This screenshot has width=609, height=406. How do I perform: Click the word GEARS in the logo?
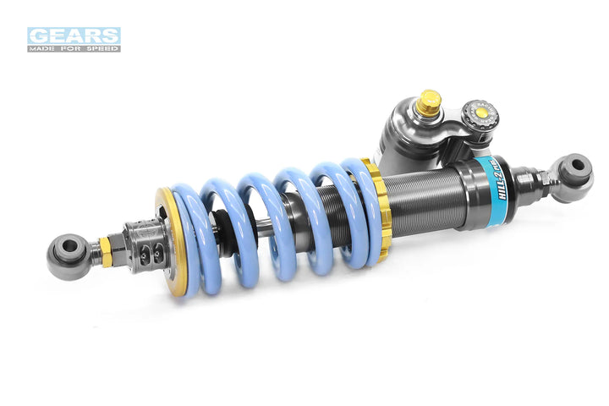[x=74, y=36]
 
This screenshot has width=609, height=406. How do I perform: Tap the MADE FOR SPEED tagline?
[x=74, y=48]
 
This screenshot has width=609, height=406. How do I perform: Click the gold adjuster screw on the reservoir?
[x=430, y=102]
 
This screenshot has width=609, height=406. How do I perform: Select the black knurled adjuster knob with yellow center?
[x=480, y=113]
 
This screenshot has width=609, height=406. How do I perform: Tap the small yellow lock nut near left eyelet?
[x=105, y=251]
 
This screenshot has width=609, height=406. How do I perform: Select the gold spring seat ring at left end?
[x=168, y=245]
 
